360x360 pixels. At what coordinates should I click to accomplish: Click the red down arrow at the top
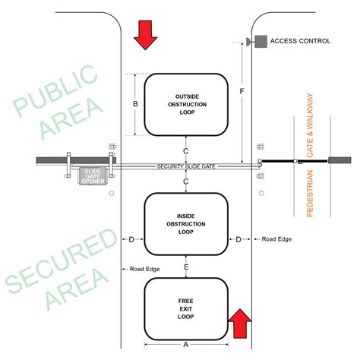(x=145, y=34)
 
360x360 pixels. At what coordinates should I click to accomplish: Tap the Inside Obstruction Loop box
(x=185, y=224)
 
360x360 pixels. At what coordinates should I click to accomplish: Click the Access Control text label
(x=301, y=41)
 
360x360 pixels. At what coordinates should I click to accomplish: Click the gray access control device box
(x=260, y=41)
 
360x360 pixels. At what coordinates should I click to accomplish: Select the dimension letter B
(x=135, y=104)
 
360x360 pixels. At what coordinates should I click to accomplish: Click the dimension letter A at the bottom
(x=186, y=343)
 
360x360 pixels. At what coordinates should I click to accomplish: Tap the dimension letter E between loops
(x=186, y=267)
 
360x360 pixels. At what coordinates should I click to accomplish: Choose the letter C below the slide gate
(x=186, y=182)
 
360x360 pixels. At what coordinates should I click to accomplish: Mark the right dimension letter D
(x=239, y=239)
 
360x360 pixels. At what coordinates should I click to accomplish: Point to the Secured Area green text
(x=57, y=270)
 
